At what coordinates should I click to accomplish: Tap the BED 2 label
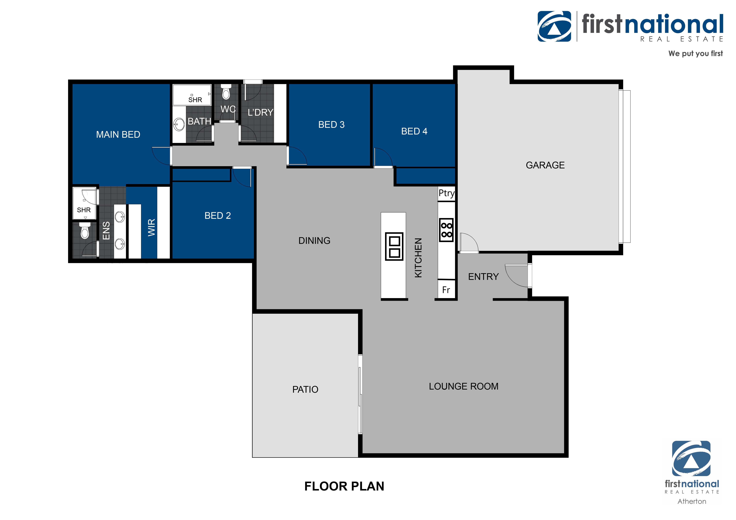click(218, 216)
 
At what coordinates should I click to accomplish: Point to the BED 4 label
click(414, 131)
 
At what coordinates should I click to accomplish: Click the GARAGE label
click(545, 165)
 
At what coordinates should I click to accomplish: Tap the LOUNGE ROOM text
click(464, 386)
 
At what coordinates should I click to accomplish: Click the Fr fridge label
click(446, 290)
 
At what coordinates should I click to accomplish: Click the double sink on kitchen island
click(394, 246)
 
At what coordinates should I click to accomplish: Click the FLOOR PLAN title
click(344, 486)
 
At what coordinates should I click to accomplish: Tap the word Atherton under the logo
click(692, 501)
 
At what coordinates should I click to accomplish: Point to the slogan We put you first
click(695, 54)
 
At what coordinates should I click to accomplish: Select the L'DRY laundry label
click(260, 113)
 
